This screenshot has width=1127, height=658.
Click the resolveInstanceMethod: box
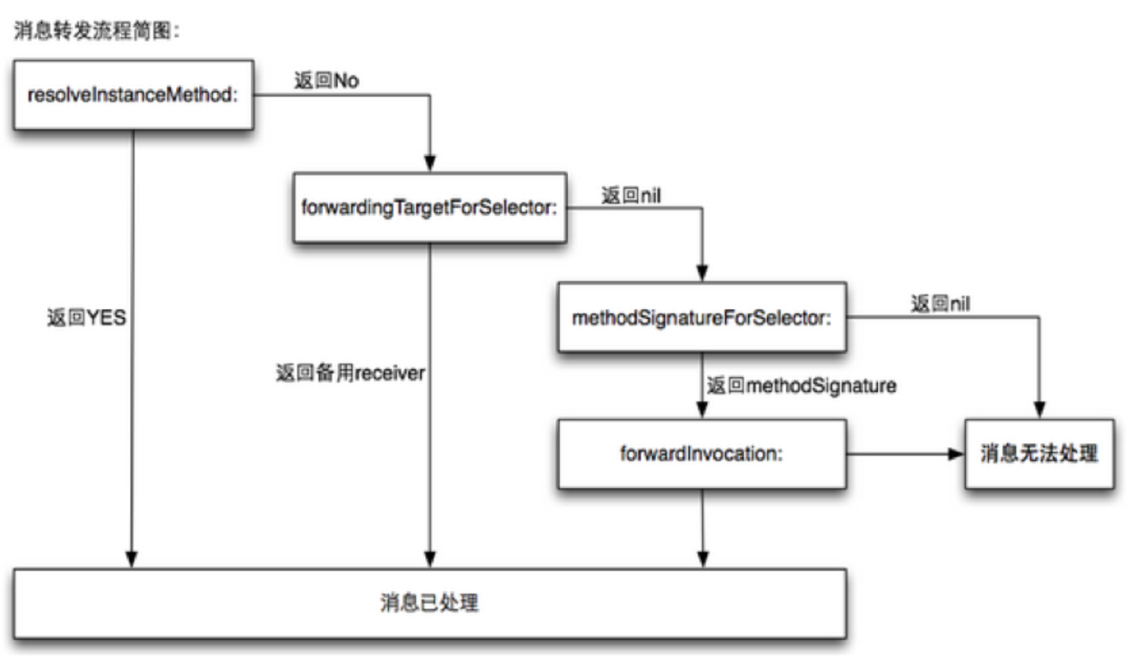click(133, 95)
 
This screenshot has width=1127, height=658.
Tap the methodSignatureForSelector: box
click(702, 319)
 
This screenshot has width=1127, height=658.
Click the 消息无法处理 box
click(1038, 454)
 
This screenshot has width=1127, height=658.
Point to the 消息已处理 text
click(429, 603)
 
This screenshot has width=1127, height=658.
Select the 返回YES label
click(86, 319)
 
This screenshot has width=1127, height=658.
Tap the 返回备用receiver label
click(350, 373)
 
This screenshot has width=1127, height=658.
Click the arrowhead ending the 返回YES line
click(133, 558)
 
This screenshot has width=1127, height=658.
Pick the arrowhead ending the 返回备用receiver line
click(430, 558)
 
